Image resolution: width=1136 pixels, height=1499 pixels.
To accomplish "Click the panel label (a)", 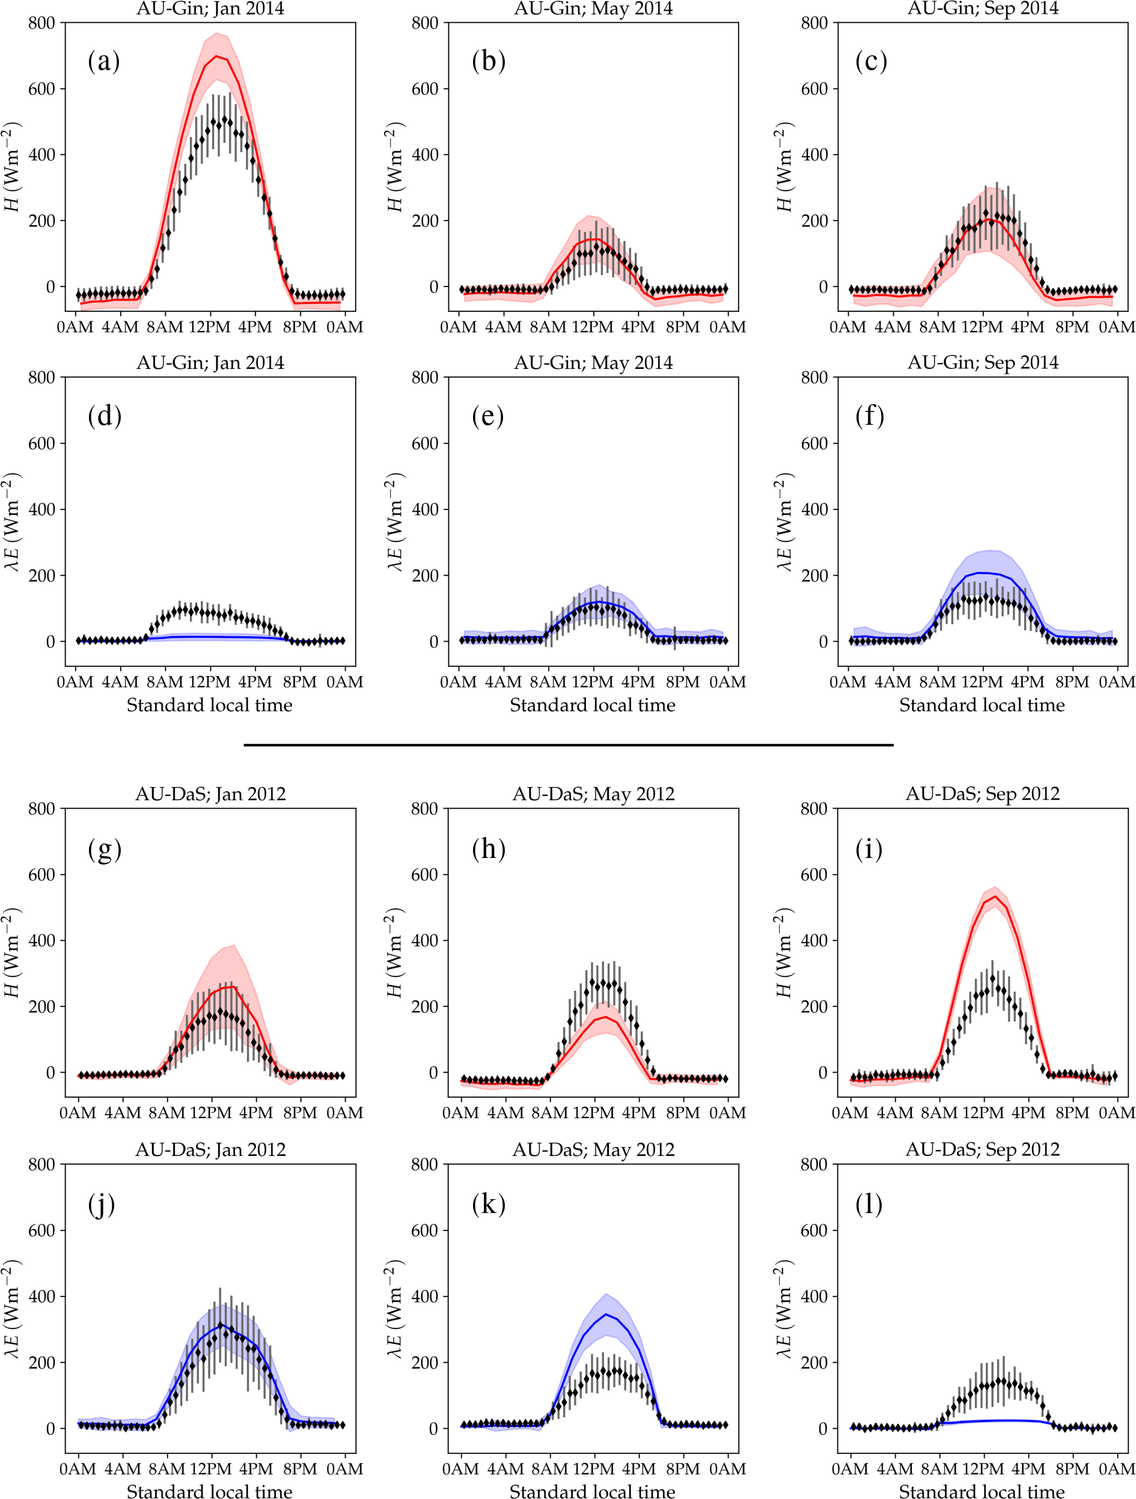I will click(104, 61).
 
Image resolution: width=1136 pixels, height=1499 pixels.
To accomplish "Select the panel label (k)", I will click(488, 1204).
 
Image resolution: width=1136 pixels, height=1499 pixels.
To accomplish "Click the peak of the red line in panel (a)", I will click(216, 56).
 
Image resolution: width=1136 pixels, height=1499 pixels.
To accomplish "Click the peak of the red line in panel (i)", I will click(994, 896).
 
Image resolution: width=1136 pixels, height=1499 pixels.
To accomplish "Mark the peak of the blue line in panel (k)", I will click(606, 1315).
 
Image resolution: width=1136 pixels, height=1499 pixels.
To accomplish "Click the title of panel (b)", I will click(593, 9).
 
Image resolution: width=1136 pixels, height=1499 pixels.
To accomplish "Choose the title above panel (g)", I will click(210, 794).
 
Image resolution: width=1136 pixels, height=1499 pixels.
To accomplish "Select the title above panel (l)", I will click(982, 1149).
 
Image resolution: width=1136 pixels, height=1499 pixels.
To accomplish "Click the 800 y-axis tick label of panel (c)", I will click(814, 23).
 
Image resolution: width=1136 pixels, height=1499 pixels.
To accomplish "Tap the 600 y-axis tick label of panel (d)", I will click(41, 443).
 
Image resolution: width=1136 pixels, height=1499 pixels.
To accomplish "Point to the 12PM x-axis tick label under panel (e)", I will click(593, 682).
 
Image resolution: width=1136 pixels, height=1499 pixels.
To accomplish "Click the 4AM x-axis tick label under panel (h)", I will click(505, 1113).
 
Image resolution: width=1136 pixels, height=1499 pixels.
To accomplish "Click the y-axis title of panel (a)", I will click(12, 166).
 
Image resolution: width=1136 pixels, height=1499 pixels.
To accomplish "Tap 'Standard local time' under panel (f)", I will click(982, 705).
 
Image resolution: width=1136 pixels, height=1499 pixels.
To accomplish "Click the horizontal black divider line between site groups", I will click(568, 745).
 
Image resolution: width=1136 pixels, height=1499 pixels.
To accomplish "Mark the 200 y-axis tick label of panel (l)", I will click(814, 1362).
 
